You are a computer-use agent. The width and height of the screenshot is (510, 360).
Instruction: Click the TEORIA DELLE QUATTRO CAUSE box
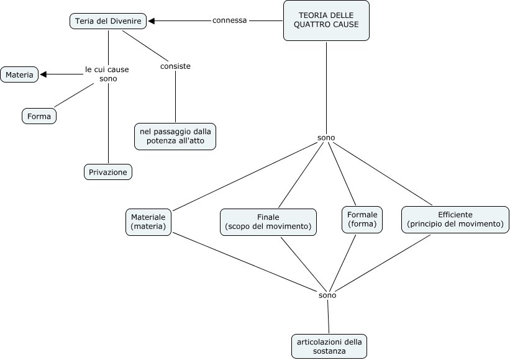(326, 20)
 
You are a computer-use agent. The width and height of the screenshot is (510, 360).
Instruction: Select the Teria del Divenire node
(109, 21)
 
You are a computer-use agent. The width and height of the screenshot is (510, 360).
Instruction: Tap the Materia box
(20, 74)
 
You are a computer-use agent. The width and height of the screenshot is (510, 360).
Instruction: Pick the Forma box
(39, 115)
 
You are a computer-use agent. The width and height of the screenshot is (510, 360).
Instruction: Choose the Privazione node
(109, 171)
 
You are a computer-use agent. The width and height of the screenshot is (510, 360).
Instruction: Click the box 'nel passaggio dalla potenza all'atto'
(175, 136)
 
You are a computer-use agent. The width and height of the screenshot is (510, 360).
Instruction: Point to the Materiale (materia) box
(148, 222)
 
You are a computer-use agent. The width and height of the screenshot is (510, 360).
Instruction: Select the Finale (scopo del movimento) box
(268, 222)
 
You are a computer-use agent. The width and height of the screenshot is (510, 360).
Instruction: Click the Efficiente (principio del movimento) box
(455, 219)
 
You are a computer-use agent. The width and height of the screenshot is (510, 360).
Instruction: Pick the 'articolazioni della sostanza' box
(329, 346)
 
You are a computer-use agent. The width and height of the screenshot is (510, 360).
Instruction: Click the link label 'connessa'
(230, 20)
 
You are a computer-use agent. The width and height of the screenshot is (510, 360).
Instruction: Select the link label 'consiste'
(175, 66)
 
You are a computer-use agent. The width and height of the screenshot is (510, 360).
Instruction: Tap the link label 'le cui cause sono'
(107, 74)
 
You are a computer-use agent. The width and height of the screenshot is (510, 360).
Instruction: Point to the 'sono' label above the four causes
(326, 137)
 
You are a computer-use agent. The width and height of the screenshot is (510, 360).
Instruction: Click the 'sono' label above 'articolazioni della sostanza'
(327, 295)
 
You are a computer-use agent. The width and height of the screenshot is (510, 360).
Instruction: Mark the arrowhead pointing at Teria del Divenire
(152, 21)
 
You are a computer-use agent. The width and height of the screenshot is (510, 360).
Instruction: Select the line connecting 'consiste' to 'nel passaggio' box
(175, 96)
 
